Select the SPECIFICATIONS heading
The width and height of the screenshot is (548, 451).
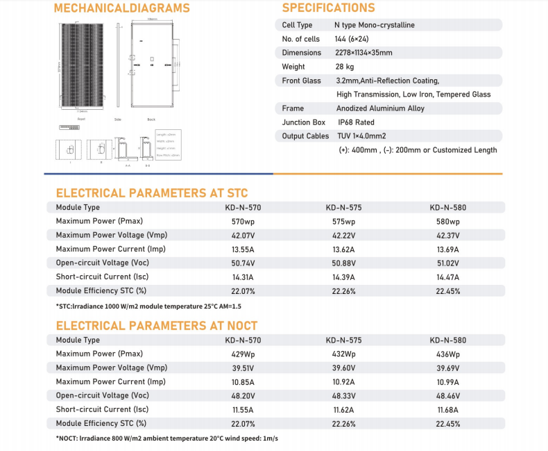click(328, 8)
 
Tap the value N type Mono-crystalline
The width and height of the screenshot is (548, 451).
click(375, 25)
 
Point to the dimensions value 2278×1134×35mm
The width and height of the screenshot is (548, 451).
click(363, 53)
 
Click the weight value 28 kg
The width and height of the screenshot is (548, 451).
click(345, 67)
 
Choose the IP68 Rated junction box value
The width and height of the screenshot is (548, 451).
click(355, 122)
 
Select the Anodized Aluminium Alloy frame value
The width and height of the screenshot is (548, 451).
click(380, 108)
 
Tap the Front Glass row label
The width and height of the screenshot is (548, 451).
click(301, 81)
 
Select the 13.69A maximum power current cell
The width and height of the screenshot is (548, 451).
click(447, 249)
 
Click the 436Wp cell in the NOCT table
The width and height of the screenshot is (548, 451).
click(447, 354)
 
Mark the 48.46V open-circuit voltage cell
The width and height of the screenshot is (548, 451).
click(447, 396)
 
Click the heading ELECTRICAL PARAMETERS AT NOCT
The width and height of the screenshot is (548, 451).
click(156, 325)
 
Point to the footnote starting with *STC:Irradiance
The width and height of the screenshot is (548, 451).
click(148, 306)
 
